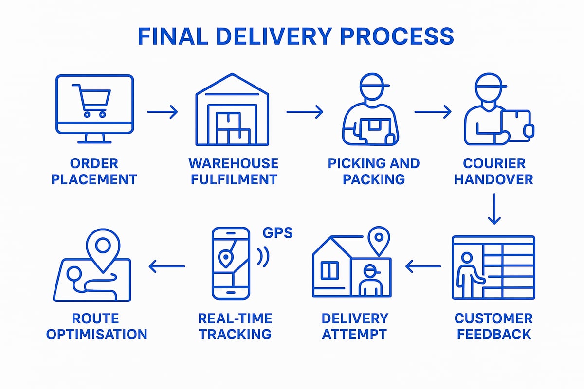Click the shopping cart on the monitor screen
pos(91,100)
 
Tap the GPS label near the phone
pos(277,232)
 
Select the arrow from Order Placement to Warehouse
pos(163,113)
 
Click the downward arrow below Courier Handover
pos(494,209)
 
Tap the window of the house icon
pos(329,270)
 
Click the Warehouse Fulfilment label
pos(234,171)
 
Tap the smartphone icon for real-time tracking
pos(231,263)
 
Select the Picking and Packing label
pos(373,171)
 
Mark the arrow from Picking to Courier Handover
pos(433,112)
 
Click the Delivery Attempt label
pos(355,326)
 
